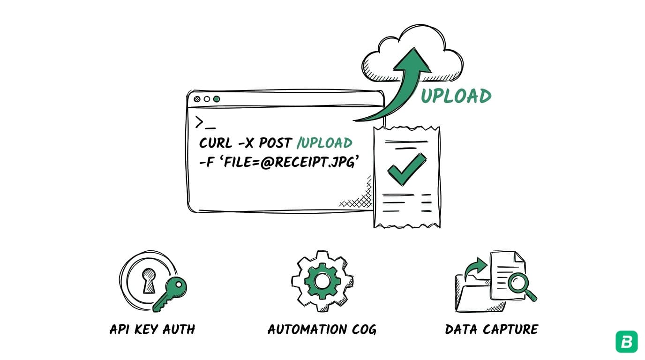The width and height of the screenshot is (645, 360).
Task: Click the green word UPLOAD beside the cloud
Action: (456, 96)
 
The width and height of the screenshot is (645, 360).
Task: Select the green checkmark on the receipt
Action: (406, 169)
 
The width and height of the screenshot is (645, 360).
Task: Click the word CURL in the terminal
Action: (216, 143)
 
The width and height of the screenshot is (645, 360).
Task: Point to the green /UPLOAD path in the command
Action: (324, 143)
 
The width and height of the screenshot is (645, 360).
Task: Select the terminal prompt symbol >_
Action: (205, 122)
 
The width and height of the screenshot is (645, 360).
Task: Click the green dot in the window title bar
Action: (217, 99)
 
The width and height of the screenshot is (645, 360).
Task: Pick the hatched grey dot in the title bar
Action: (197, 99)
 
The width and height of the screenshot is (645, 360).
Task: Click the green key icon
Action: (171, 292)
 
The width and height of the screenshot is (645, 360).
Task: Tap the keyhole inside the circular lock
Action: (149, 280)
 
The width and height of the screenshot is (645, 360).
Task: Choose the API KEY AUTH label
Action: (152, 330)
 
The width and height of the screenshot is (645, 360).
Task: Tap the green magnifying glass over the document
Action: (519, 284)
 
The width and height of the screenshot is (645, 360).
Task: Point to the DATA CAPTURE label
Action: (491, 330)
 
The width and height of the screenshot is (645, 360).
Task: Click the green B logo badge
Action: (626, 341)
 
